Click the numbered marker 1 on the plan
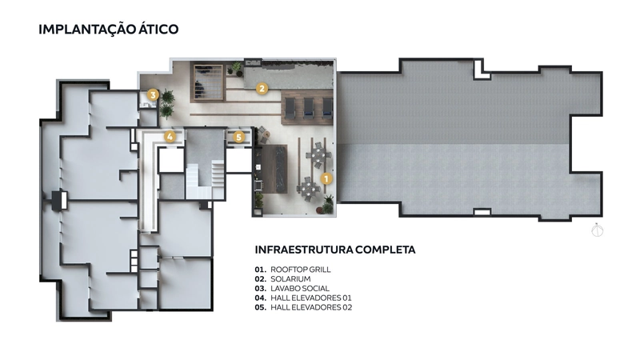pyautogui.click(x=326, y=178)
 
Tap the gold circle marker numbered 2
pyautogui.click(x=262, y=88)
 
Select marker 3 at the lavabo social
pyautogui.click(x=153, y=95)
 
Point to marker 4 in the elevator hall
pyautogui.click(x=170, y=136)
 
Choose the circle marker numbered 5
pyautogui.click(x=238, y=137)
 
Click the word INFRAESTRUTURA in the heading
pyautogui.click(x=303, y=250)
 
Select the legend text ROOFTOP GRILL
pyautogui.click(x=301, y=270)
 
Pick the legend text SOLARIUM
pyautogui.click(x=290, y=278)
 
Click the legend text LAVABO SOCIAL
pyautogui.click(x=300, y=288)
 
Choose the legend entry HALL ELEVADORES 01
pyautogui.click(x=311, y=298)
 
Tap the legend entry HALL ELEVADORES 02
pyautogui.click(x=311, y=307)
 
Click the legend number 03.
pyautogui.click(x=261, y=288)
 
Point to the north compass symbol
pyautogui.click(x=597, y=230)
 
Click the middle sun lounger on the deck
pyautogui.click(x=309, y=108)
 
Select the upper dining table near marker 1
pyautogui.click(x=318, y=155)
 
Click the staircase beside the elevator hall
pyautogui.click(x=206, y=178)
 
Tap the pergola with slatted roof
pyautogui.click(x=208, y=83)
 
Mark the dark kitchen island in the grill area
pyautogui.click(x=274, y=169)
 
